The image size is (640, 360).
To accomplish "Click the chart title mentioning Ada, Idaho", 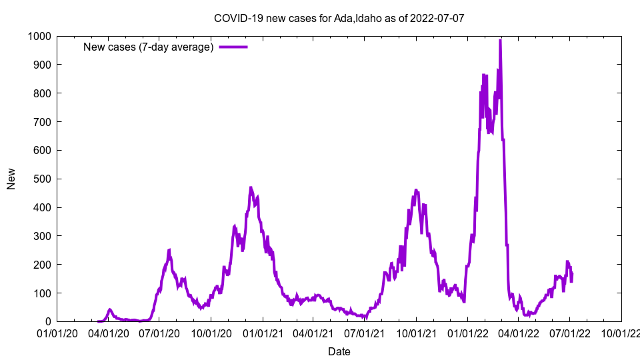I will [339, 18].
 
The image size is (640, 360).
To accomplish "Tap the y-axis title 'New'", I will [11, 179].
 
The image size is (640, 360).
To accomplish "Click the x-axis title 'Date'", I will [339, 351].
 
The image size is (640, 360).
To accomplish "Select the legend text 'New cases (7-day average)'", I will [148, 47].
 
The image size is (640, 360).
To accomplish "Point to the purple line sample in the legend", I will [233, 47].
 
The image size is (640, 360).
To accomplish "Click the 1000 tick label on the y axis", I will [41, 36].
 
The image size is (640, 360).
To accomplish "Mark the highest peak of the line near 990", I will [500, 40].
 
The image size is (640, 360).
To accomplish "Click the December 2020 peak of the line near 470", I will [251, 188].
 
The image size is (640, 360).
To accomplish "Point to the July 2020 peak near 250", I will [169, 250].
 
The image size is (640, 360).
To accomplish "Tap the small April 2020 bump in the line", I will [110, 309].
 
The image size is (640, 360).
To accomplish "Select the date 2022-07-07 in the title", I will [439, 18].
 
